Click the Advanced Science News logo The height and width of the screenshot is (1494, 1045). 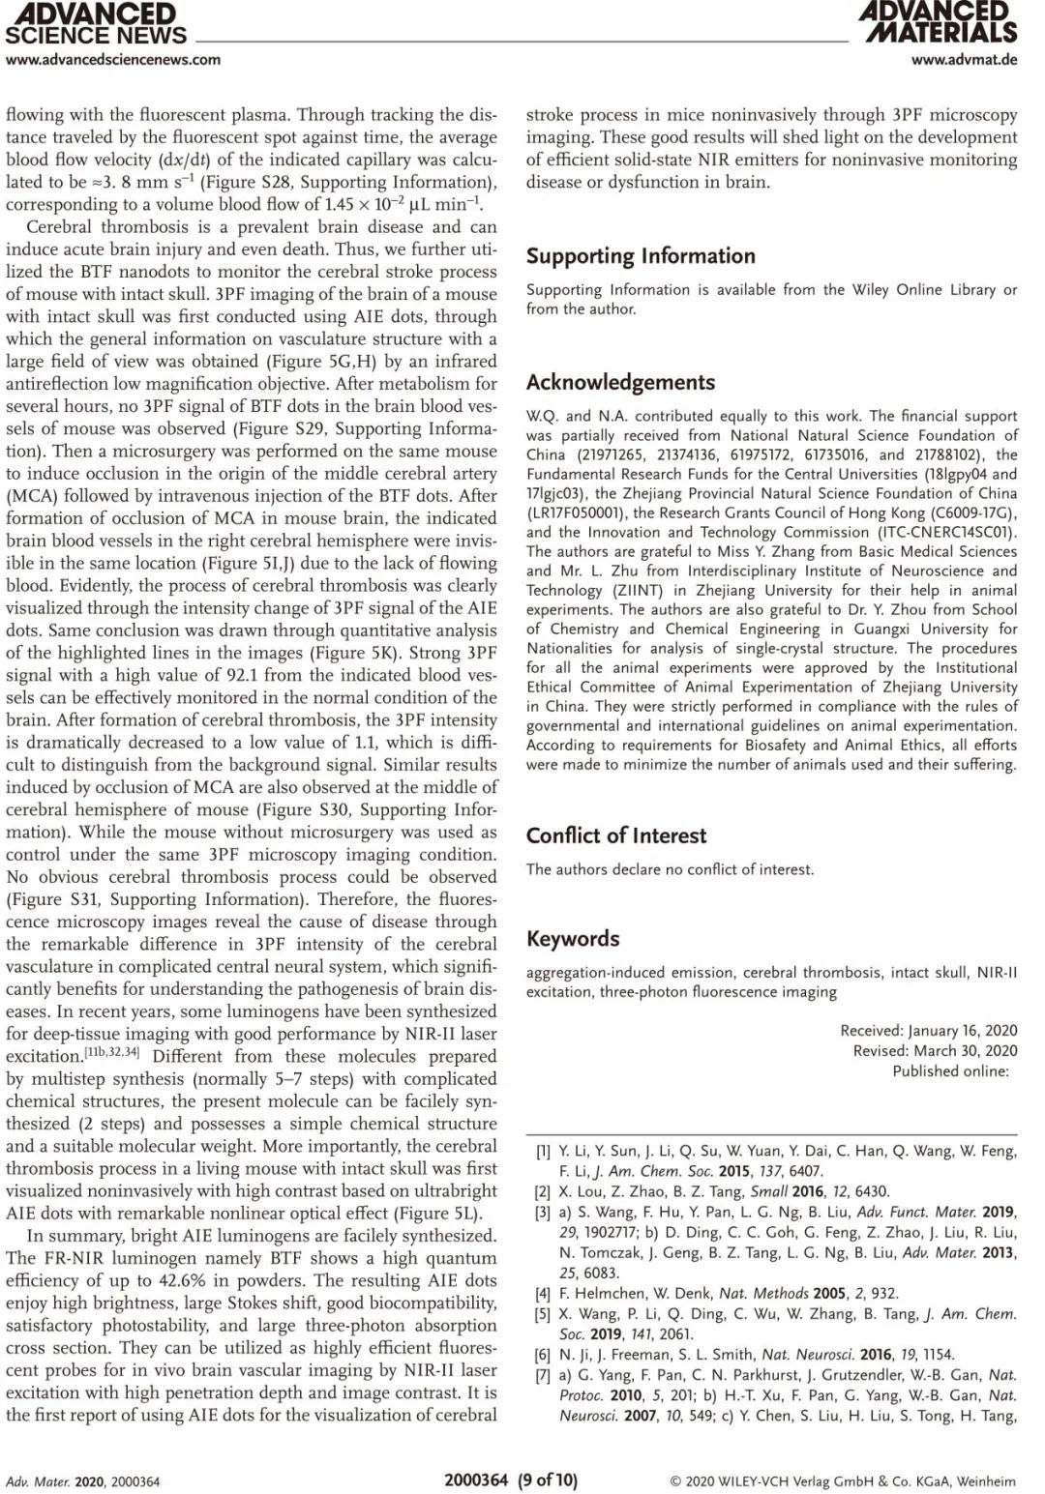(x=95, y=24)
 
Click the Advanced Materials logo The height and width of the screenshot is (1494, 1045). (x=938, y=22)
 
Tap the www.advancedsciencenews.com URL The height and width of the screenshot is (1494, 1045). (x=113, y=60)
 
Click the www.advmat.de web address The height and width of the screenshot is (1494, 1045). (x=964, y=60)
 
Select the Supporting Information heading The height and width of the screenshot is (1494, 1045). (x=641, y=256)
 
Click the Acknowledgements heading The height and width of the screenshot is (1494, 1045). (x=620, y=382)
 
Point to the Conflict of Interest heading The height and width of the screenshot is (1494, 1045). (x=616, y=835)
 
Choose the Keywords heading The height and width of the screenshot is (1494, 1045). (x=573, y=939)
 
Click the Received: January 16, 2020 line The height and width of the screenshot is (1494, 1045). (x=928, y=1031)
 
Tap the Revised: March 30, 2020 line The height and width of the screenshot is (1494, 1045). (x=935, y=1051)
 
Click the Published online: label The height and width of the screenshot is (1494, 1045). (x=950, y=1071)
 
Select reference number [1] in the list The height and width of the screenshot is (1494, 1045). (x=544, y=1152)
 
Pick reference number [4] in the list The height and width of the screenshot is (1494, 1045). (x=544, y=1294)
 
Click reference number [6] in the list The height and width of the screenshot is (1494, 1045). (x=544, y=1355)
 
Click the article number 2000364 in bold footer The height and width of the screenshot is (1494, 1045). (x=476, y=1479)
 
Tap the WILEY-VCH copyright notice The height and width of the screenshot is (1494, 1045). (x=843, y=1481)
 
